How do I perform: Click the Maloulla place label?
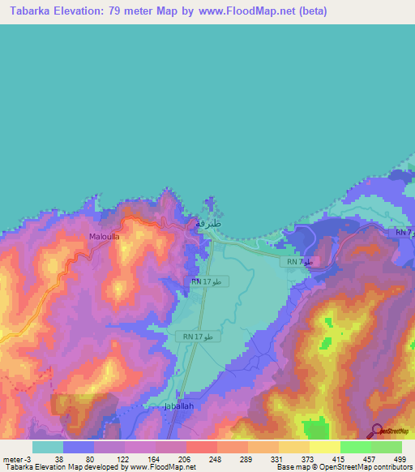(x=105, y=238)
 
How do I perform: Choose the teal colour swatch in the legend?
(x=48, y=447)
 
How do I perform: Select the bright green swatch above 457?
(x=355, y=447)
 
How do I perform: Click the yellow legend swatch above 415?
(x=324, y=447)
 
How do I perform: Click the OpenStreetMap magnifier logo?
(x=377, y=431)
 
